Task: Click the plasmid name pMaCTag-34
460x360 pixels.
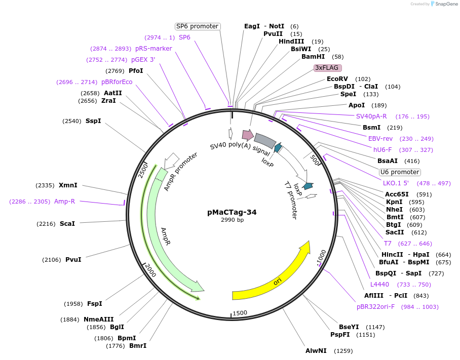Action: click(232, 212)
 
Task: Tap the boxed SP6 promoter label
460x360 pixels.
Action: click(197, 26)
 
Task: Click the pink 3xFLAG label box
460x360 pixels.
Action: click(328, 67)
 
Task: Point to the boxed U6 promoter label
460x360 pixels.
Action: click(400, 172)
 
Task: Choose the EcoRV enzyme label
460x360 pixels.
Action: click(337, 79)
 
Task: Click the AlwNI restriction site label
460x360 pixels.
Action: click(316, 350)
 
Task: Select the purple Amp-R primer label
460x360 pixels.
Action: click(64, 201)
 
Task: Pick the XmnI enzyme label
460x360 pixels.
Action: click(68, 185)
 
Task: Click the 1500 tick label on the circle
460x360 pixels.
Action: click(240, 313)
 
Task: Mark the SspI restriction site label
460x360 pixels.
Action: click(93, 121)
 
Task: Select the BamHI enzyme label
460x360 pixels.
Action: click(313, 57)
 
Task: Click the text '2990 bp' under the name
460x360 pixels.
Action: click(232, 220)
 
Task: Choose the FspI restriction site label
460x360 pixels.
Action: click(95, 304)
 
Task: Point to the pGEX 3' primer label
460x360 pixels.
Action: click(143, 60)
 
